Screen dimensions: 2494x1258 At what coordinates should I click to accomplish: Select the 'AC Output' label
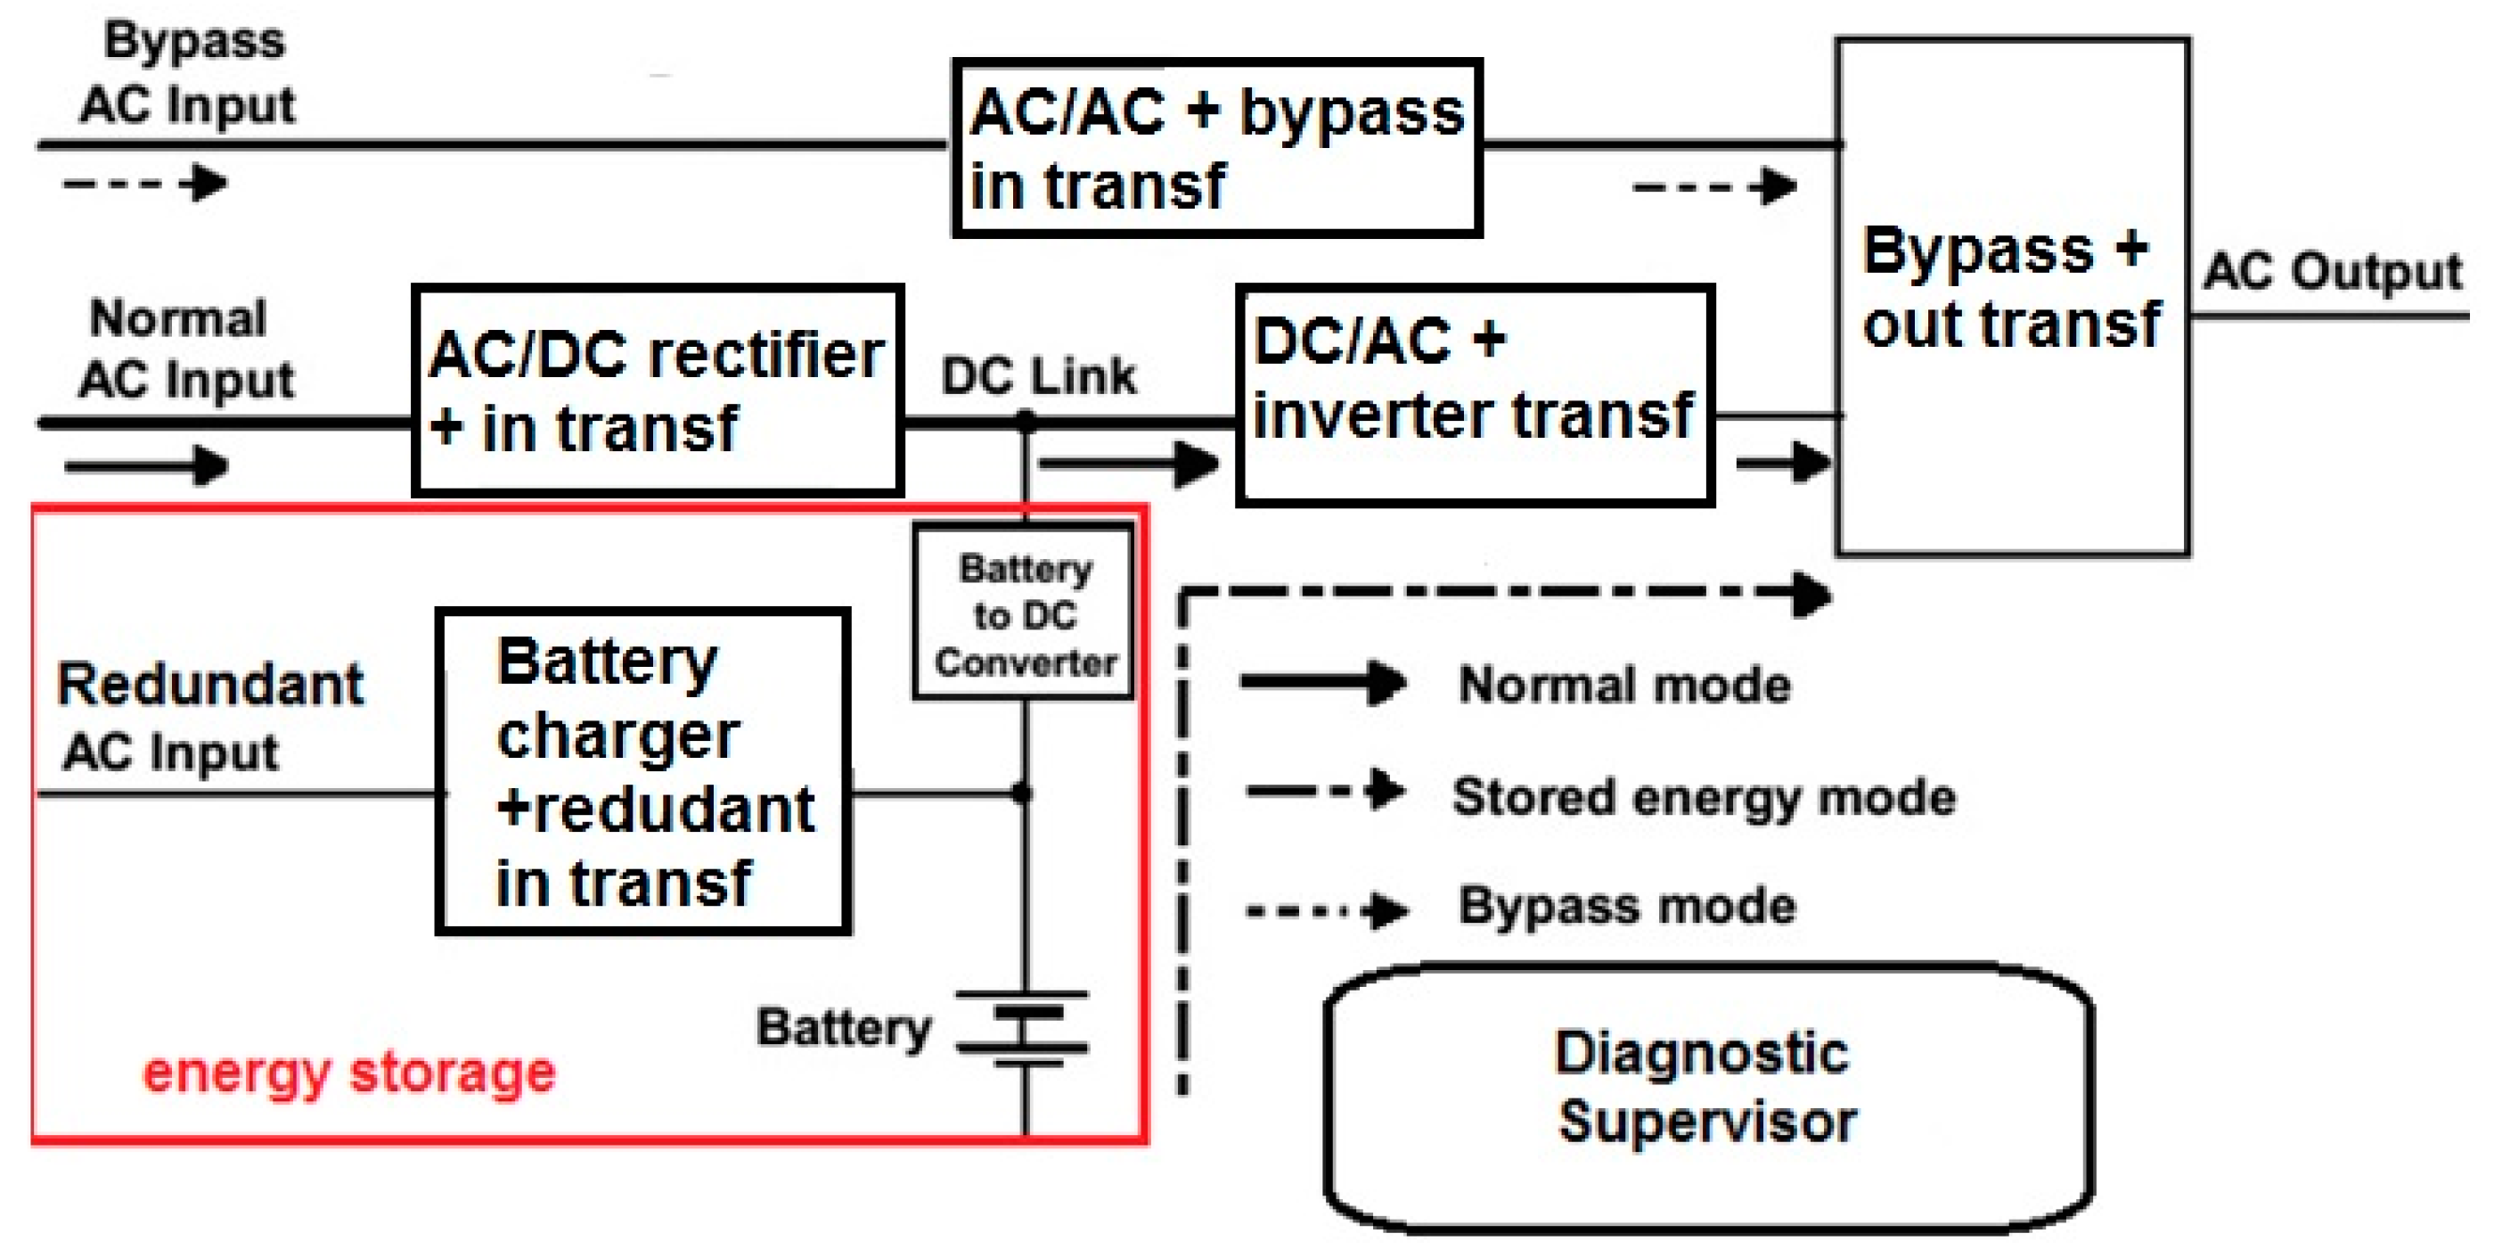(x=2333, y=271)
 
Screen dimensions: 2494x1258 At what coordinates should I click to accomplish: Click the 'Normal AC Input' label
(x=186, y=349)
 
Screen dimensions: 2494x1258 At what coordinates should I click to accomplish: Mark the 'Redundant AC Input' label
(x=210, y=718)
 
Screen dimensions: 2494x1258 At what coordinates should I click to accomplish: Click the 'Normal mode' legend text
(x=1624, y=685)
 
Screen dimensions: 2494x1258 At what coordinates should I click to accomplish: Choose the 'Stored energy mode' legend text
(x=1704, y=798)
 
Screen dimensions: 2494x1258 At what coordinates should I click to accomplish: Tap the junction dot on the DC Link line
(x=1026, y=420)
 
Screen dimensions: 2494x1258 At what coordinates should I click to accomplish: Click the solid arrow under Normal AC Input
(x=146, y=465)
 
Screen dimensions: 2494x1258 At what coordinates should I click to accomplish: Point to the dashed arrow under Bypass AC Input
(x=145, y=183)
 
